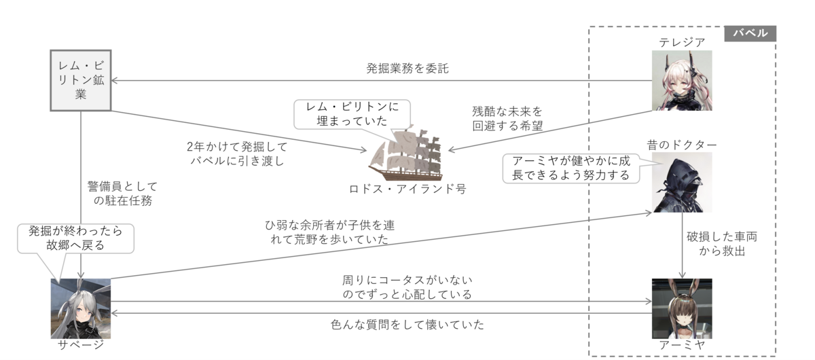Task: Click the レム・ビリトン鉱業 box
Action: pos(81,79)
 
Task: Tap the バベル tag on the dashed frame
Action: pos(750,33)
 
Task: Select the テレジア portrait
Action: pos(681,80)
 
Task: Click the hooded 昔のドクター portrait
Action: pos(681,182)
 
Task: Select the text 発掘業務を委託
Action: pos(407,69)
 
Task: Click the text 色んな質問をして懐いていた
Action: pos(407,325)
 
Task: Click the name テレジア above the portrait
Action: pos(681,42)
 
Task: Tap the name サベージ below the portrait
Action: pos(80,345)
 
